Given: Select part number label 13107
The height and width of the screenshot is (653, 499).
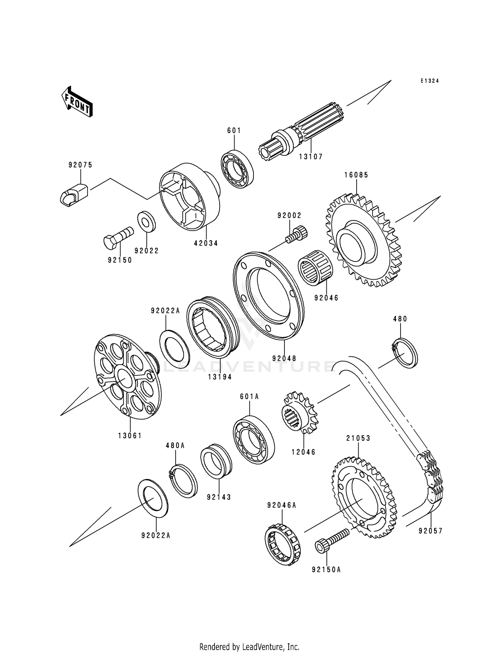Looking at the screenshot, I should (x=310, y=156).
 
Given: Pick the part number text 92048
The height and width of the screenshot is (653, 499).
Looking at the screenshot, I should (x=284, y=358).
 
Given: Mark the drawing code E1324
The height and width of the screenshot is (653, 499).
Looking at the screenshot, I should (x=429, y=81).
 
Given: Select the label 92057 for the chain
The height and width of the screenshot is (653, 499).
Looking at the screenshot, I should (x=430, y=531).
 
